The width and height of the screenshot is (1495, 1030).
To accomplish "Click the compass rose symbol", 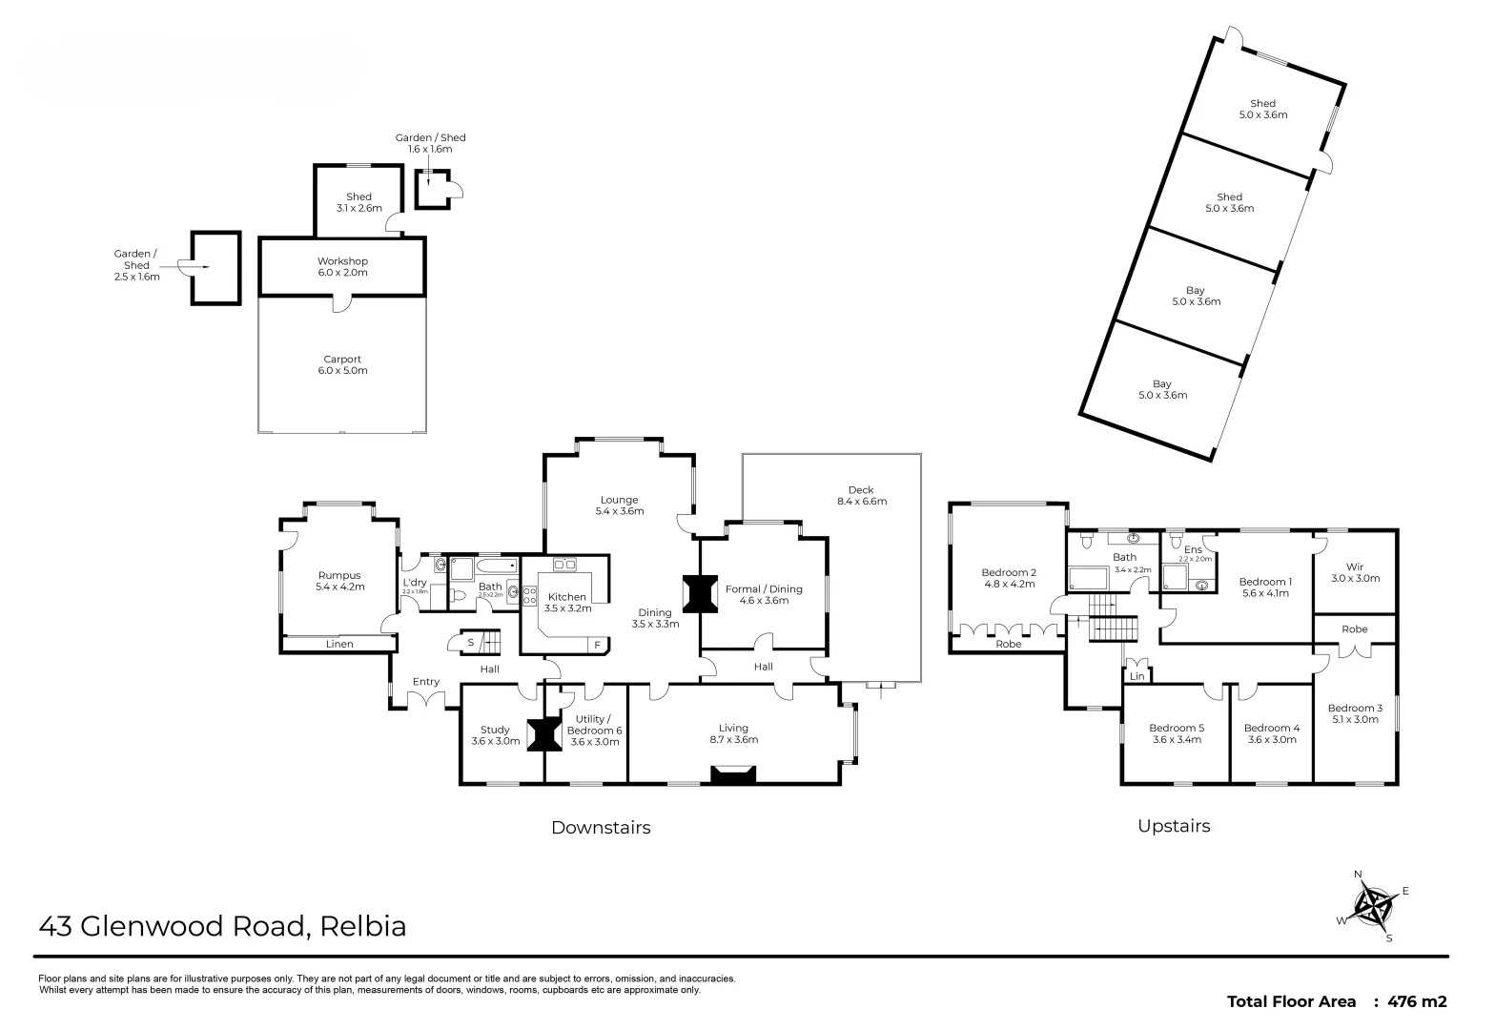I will (x=1375, y=907).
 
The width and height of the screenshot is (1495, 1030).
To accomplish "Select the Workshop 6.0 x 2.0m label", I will (x=342, y=266).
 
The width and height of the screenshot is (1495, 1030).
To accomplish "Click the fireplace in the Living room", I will (x=733, y=775).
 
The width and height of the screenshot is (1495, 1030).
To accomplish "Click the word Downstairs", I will (x=601, y=828).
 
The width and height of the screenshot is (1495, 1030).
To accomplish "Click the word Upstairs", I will (x=1174, y=826).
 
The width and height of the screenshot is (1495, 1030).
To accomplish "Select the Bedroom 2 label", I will (x=1009, y=578).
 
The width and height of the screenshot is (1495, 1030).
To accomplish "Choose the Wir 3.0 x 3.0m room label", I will (x=1355, y=572).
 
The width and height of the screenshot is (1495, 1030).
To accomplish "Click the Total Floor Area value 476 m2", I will (x=1417, y=1001).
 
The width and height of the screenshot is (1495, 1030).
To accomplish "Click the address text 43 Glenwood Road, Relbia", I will (x=222, y=926).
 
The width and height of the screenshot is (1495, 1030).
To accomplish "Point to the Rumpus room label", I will (x=339, y=581).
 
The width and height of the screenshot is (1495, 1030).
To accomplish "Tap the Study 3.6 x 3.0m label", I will (x=495, y=735).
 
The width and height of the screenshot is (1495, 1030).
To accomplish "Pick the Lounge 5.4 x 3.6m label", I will (x=619, y=505).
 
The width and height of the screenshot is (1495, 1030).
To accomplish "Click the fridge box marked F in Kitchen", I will (x=598, y=645).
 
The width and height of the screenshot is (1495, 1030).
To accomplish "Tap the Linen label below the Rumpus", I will (x=339, y=645).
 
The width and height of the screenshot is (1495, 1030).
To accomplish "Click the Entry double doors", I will (x=426, y=700).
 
